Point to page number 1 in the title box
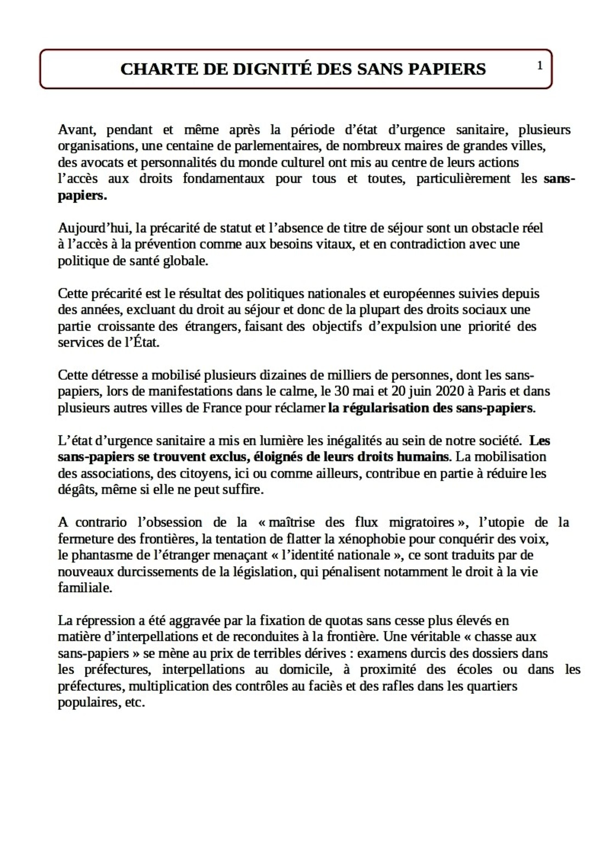point(539,66)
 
